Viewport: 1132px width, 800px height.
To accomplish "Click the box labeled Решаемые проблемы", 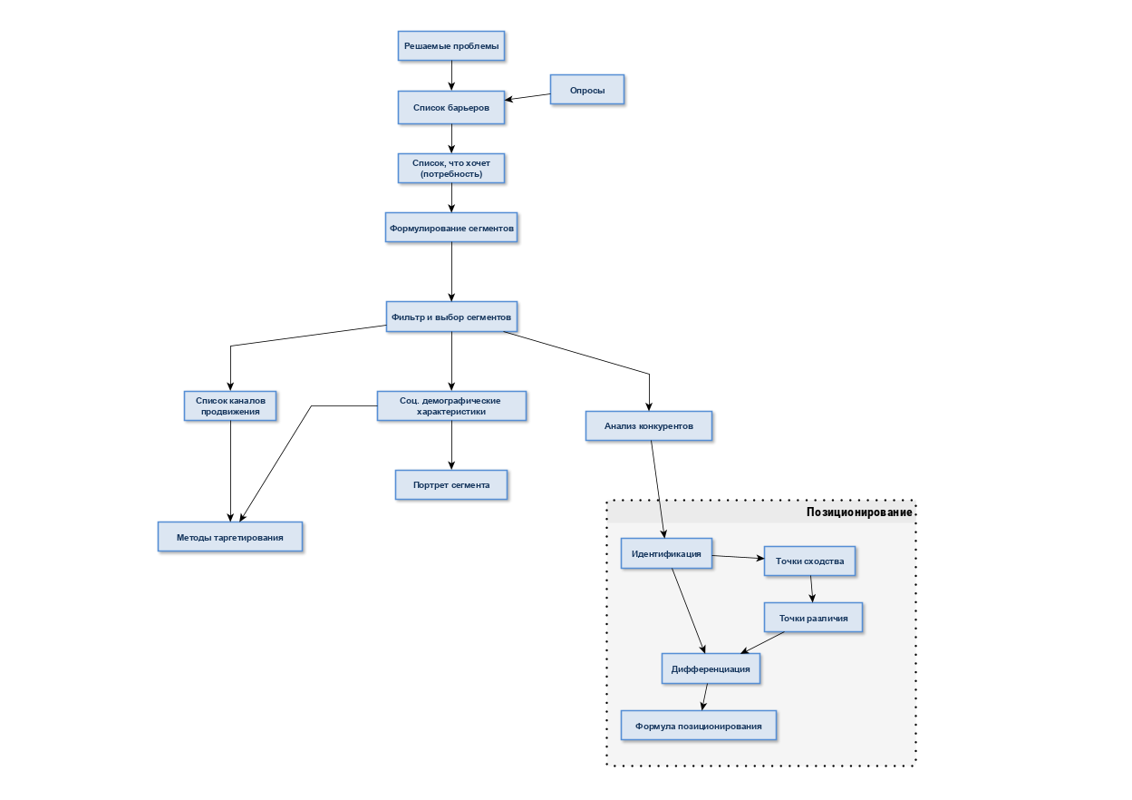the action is [x=451, y=46].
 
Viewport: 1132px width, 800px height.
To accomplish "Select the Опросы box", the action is [x=587, y=90].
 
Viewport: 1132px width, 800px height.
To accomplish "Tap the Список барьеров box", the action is [x=451, y=107].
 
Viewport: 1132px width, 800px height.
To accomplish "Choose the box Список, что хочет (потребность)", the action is [x=451, y=169].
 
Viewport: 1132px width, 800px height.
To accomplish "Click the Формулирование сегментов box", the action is [x=451, y=228].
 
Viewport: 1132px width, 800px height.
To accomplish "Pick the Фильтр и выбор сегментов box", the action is [x=451, y=317].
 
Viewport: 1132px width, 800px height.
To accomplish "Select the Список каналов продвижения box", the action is [x=230, y=406].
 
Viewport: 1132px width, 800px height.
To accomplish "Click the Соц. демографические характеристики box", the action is [x=451, y=406].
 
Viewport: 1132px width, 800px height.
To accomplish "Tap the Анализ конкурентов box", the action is [x=649, y=425].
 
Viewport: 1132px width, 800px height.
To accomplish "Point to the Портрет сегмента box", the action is [x=451, y=485].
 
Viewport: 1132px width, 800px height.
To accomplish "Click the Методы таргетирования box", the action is [x=230, y=537].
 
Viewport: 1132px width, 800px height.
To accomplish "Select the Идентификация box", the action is [x=666, y=553].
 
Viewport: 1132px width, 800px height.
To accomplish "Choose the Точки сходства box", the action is [x=809, y=561].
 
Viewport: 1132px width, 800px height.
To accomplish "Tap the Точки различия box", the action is [x=813, y=618].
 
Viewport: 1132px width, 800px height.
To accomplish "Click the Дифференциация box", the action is [x=711, y=669].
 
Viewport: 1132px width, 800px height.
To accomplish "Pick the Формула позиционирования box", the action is [x=699, y=726].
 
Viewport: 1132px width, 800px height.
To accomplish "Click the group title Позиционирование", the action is [x=859, y=512].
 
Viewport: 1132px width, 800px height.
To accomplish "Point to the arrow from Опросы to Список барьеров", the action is [x=527, y=97].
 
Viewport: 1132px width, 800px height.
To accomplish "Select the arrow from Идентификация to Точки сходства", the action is [x=739, y=557].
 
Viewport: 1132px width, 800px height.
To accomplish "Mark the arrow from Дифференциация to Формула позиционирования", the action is [x=705, y=698].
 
